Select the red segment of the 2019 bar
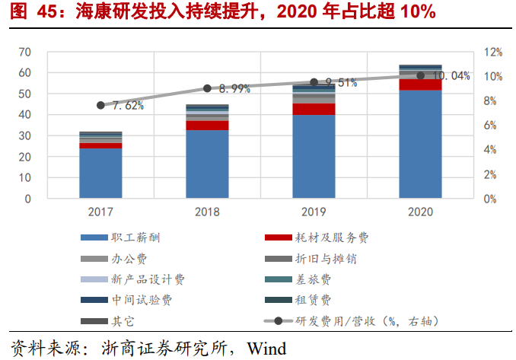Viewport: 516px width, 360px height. (314, 109)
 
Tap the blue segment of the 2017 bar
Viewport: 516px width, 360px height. (100, 174)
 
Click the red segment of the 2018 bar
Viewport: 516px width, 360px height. (207, 126)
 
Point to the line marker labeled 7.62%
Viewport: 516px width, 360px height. (100, 105)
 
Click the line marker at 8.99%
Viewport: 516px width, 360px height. (207, 88)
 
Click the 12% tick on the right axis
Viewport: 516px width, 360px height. (492, 52)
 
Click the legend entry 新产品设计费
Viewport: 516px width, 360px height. (148, 279)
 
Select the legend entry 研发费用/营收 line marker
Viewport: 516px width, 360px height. (278, 321)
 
